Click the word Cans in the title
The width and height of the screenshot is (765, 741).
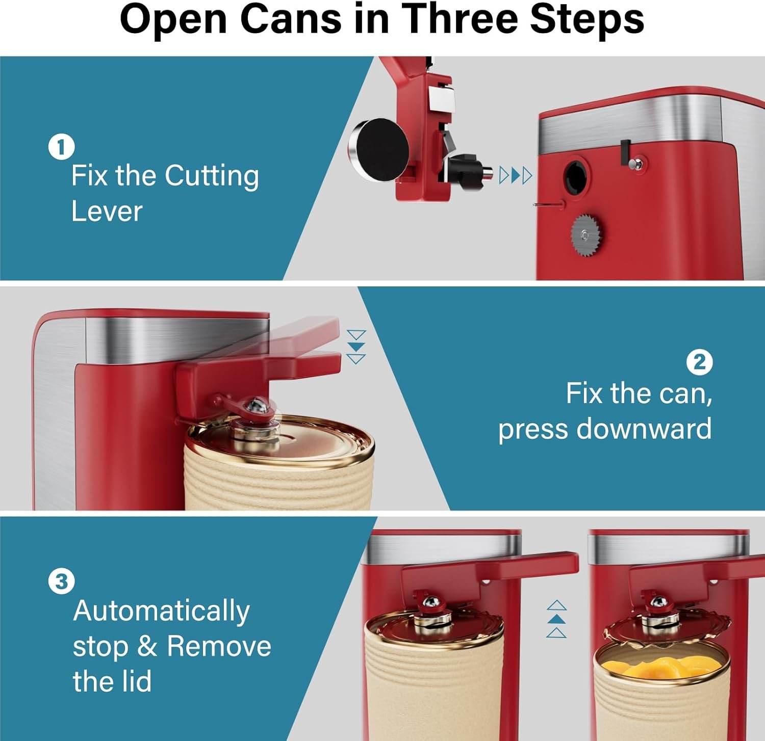coord(291,19)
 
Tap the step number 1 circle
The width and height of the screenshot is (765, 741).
coord(61,147)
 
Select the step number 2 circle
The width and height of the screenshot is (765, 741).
coord(699,362)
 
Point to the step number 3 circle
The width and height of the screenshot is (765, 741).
coord(61,581)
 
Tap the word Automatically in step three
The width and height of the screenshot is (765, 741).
coord(161,611)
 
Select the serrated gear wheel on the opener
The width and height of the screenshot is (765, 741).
coord(586,235)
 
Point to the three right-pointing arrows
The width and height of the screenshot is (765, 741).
coord(516,175)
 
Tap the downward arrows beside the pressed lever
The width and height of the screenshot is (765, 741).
coord(356,347)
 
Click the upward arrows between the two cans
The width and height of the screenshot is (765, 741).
coord(556,619)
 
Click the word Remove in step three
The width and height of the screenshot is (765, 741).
coord(219,646)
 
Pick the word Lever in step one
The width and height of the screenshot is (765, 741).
coord(107,211)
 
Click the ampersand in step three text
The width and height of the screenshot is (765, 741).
coord(147,646)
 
